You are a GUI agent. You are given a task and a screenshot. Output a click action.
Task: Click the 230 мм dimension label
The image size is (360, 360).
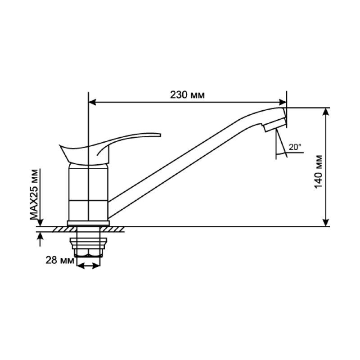click(x=187, y=95)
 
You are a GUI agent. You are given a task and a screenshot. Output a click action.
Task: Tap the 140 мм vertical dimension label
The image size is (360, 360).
click(x=319, y=172)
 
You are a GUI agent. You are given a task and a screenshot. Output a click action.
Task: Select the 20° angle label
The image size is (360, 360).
click(x=295, y=147)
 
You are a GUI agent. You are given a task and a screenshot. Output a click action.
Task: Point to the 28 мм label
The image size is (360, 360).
click(x=60, y=260)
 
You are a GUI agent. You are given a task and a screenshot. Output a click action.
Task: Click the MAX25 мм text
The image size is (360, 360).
click(x=34, y=194)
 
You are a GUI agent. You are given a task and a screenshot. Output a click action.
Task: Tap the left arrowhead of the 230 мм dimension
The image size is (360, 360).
click(x=92, y=102)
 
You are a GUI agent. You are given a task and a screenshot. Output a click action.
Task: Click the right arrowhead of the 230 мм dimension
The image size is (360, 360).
click(x=283, y=102)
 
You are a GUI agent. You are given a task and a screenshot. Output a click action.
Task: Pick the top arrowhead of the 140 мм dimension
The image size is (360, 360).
click(x=326, y=112)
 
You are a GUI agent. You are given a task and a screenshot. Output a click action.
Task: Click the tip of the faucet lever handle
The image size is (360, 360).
click(x=160, y=135)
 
